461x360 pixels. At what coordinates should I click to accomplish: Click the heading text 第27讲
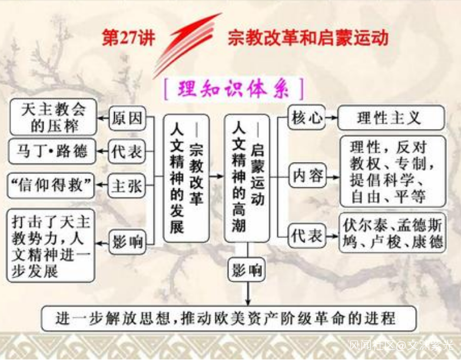(128, 38)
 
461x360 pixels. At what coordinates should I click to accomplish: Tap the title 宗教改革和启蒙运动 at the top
(308, 38)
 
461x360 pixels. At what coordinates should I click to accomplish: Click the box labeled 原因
(128, 118)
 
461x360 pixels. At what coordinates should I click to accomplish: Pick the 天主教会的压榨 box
(53, 117)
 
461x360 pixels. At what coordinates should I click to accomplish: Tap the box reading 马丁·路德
(52, 151)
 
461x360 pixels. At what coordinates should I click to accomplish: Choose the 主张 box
(127, 186)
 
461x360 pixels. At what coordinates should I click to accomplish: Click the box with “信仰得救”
(51, 186)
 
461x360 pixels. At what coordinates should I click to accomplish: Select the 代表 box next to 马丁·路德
(127, 152)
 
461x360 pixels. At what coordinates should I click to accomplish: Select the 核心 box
(307, 118)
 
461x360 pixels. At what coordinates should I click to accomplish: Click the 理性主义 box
(391, 118)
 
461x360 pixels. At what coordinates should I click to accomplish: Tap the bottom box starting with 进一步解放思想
(229, 319)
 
